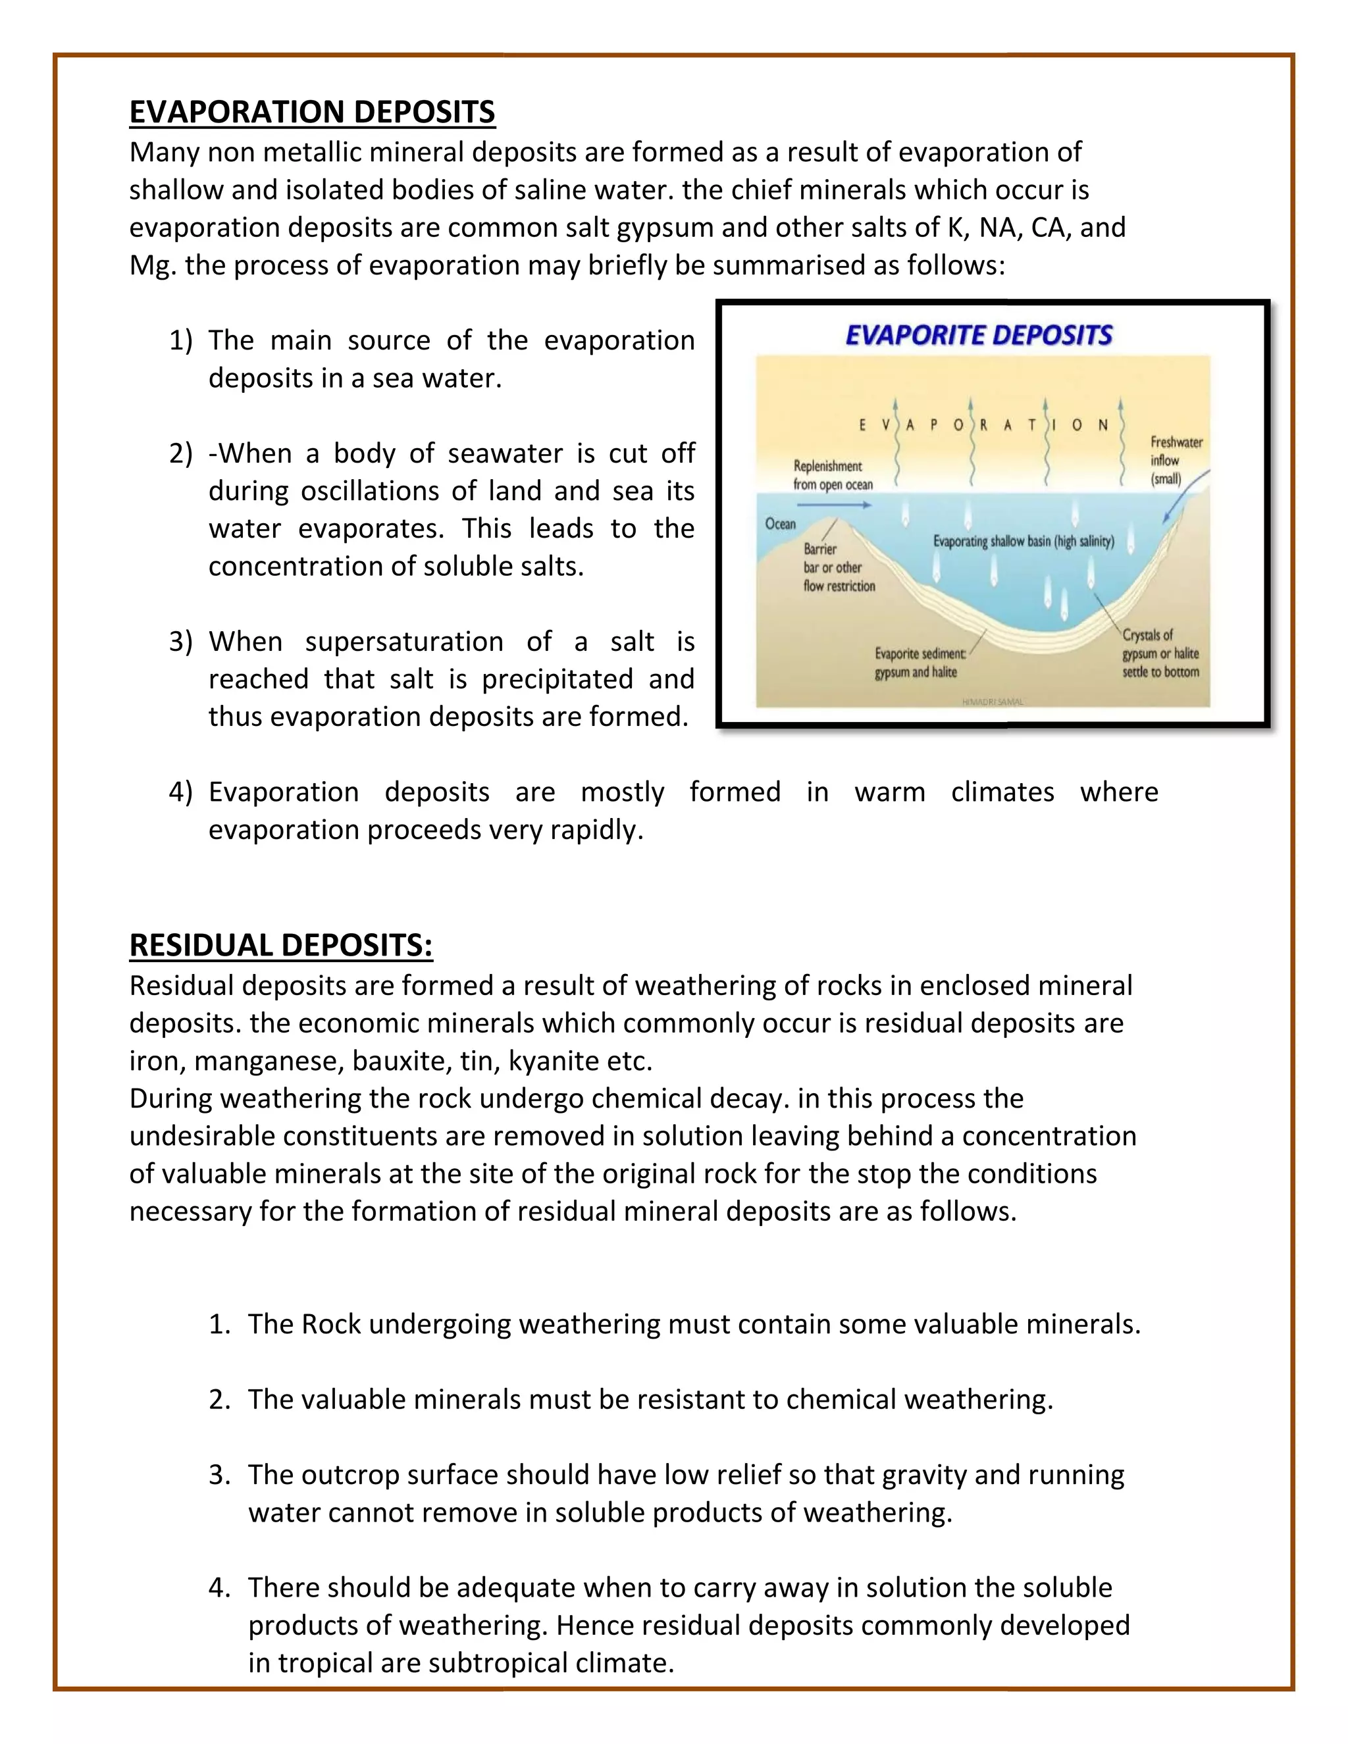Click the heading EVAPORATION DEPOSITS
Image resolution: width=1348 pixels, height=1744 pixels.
[312, 112]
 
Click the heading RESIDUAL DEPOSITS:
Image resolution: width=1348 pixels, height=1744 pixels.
[281, 946]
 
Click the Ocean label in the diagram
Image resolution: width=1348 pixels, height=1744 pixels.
[780, 524]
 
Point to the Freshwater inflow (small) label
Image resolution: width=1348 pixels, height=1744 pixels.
[1176, 461]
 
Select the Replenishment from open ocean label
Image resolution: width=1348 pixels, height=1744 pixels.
[832, 475]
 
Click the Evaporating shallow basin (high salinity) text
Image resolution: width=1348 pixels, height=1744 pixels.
[1023, 542]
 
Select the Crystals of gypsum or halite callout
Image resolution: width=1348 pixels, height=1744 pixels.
[1160, 654]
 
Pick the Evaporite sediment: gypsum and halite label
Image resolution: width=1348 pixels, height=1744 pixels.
[918, 663]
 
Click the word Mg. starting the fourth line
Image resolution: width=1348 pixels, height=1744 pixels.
[153, 265]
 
